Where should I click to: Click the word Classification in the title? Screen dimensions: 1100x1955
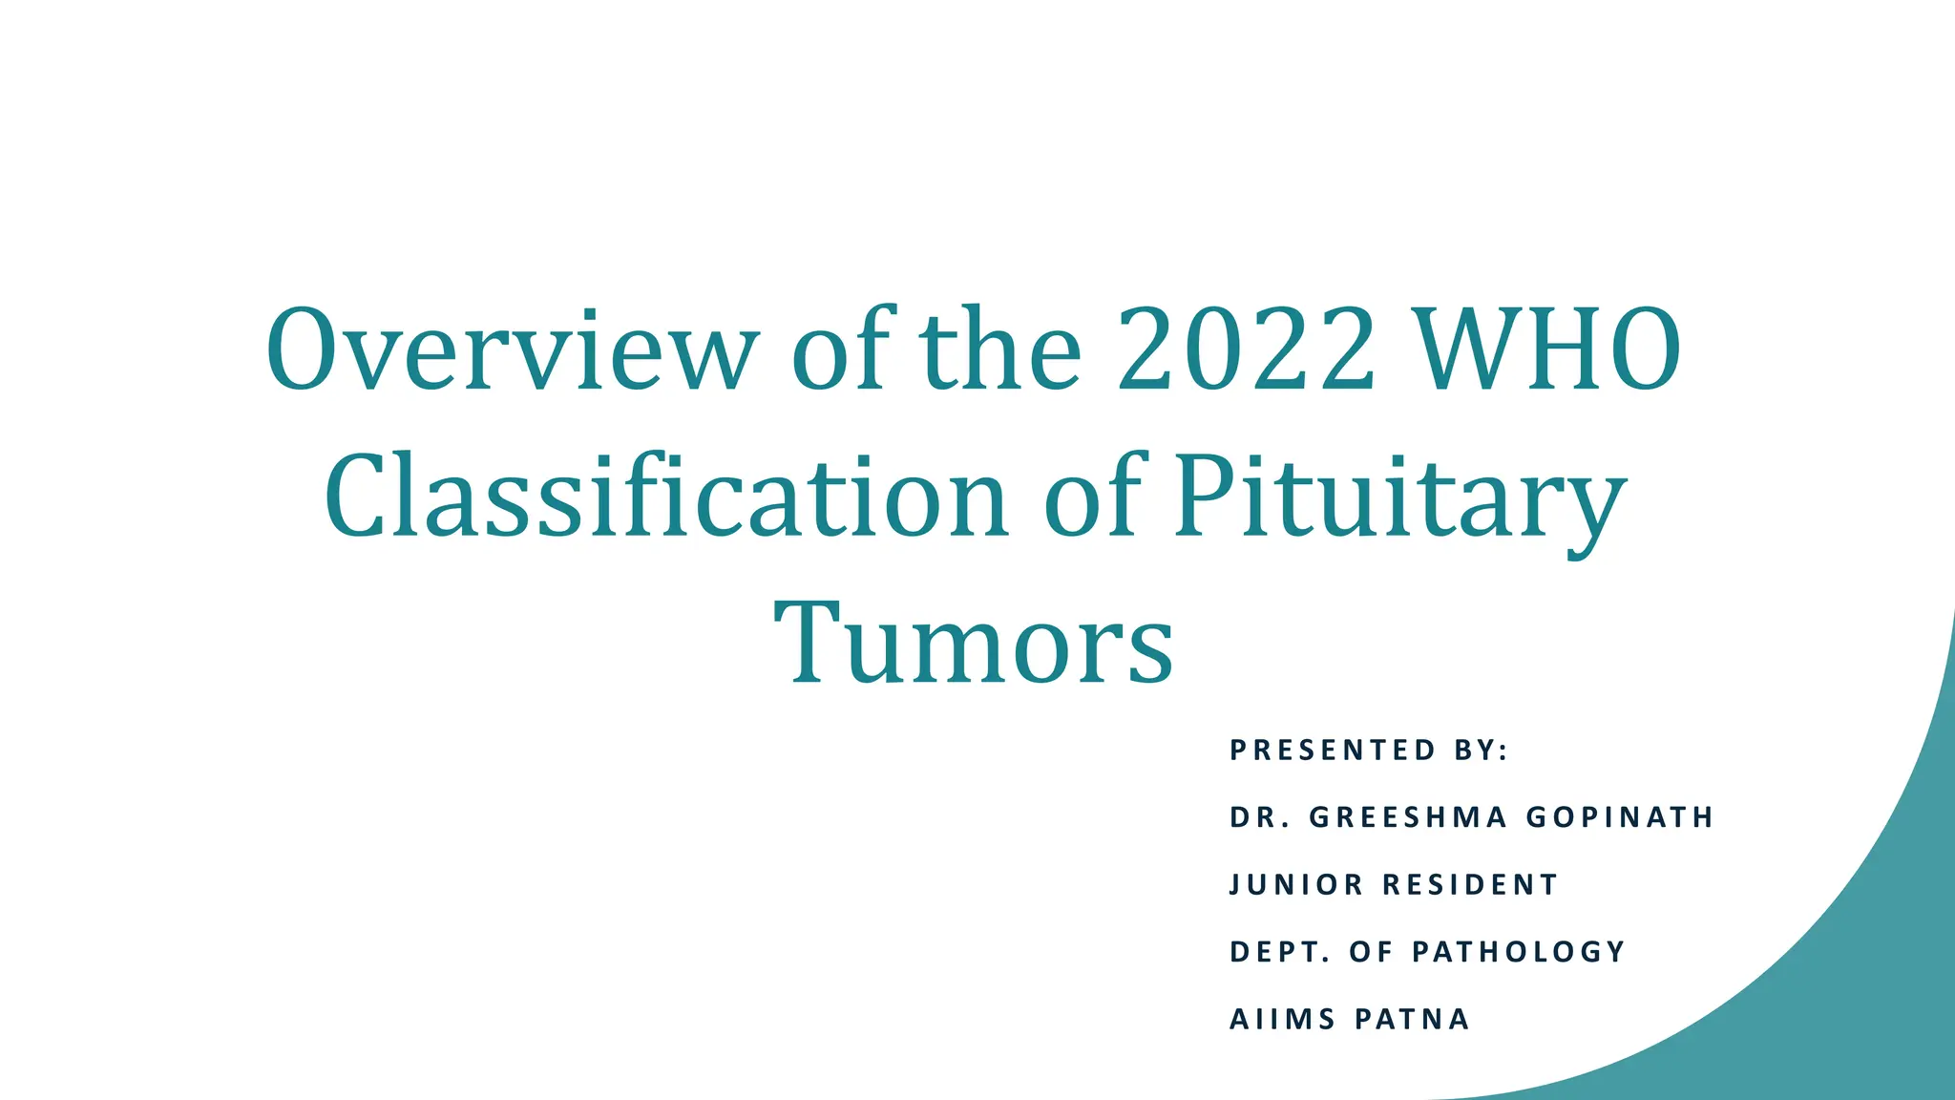666,497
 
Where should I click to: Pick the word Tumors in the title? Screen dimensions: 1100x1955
974,643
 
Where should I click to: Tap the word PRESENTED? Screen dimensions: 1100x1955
1333,751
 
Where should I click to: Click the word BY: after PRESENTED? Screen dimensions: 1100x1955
1482,751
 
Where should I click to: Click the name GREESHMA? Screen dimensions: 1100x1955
1408,817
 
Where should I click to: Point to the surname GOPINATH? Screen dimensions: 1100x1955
1620,817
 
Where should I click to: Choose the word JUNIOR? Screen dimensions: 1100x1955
1296,884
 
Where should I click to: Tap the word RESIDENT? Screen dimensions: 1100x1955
1470,884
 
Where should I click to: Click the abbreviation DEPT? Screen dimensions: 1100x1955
1279,952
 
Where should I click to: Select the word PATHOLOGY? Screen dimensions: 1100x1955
1519,952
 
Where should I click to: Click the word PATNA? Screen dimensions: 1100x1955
1413,1020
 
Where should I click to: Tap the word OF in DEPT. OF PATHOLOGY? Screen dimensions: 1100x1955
1370,952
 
